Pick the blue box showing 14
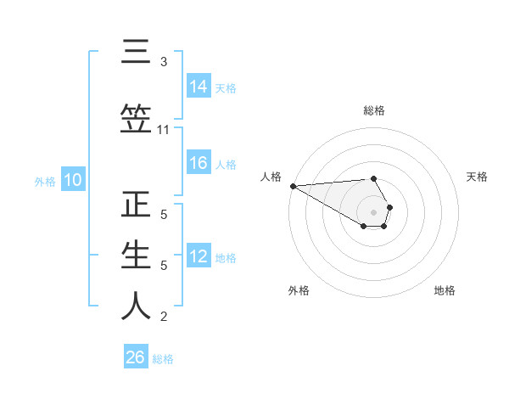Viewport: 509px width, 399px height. [199, 87]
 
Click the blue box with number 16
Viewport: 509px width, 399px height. [199, 164]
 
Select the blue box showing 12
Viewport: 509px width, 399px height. [199, 257]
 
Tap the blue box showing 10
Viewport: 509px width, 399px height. [72, 180]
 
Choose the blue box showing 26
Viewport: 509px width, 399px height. [136, 357]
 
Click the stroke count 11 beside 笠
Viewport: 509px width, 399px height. [163, 130]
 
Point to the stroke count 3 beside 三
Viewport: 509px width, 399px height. [163, 62]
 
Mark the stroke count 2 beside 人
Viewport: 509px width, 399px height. [163, 317]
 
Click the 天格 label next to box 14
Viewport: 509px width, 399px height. [226, 87]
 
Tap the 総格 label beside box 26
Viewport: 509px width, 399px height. [163, 358]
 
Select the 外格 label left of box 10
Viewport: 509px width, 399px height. [45, 181]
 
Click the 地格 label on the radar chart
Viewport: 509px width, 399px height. [445, 290]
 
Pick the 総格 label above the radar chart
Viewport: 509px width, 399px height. [374, 110]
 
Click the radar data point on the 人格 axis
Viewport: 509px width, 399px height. [293, 186]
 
